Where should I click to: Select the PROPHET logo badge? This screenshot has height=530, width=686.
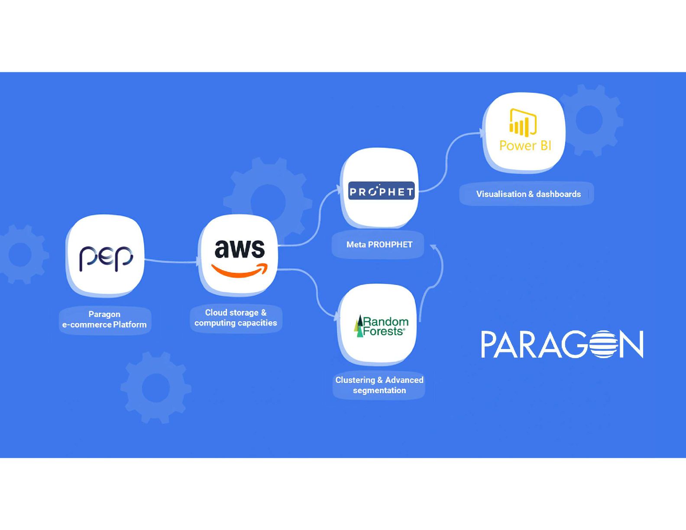click(x=381, y=191)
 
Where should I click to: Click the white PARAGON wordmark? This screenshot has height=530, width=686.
click(x=562, y=344)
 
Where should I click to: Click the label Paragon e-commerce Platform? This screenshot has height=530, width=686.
click(x=104, y=320)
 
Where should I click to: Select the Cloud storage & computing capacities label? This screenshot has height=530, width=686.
click(x=236, y=318)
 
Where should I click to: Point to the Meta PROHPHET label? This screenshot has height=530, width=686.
click(x=379, y=245)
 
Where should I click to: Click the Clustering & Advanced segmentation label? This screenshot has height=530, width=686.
click(x=379, y=385)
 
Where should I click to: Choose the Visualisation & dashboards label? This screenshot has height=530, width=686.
click(x=528, y=194)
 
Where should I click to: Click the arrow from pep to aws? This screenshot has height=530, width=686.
click(x=171, y=261)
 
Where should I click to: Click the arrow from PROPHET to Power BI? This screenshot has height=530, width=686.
click(x=448, y=160)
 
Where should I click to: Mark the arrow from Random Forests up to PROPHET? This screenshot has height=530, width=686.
click(x=437, y=273)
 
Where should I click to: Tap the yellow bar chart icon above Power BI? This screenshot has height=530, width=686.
click(x=523, y=123)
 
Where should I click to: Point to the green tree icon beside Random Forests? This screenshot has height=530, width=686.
click(x=359, y=326)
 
